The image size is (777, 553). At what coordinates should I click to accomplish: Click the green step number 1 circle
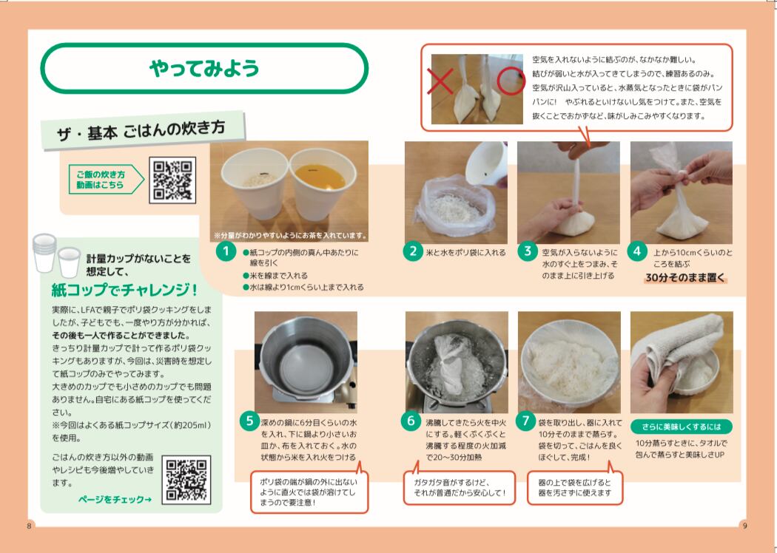[x=226, y=251]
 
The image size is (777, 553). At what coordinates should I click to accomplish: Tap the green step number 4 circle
[x=637, y=251]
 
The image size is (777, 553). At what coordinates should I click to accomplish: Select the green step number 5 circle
[x=249, y=421]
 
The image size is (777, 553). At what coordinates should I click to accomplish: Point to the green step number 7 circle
[x=525, y=421]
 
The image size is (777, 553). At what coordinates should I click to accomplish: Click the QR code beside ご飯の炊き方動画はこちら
[x=172, y=180]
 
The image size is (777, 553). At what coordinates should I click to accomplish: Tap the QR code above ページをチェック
[x=186, y=480]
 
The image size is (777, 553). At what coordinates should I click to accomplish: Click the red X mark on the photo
[x=440, y=81]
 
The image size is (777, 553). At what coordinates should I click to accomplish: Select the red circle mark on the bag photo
[x=511, y=81]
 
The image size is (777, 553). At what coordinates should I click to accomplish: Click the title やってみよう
[x=204, y=68]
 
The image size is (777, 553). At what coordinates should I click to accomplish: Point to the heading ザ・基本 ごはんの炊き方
[x=142, y=131]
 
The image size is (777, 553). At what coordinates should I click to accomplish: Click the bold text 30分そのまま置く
[x=685, y=278]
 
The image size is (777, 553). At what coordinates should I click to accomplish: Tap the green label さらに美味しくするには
[x=682, y=427]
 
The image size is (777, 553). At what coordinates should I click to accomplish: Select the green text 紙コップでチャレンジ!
[x=125, y=290]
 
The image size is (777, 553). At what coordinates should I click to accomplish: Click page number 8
[x=30, y=526]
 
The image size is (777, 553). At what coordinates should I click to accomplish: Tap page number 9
[x=744, y=526]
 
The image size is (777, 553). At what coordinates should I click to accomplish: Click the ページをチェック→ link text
[x=115, y=500]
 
